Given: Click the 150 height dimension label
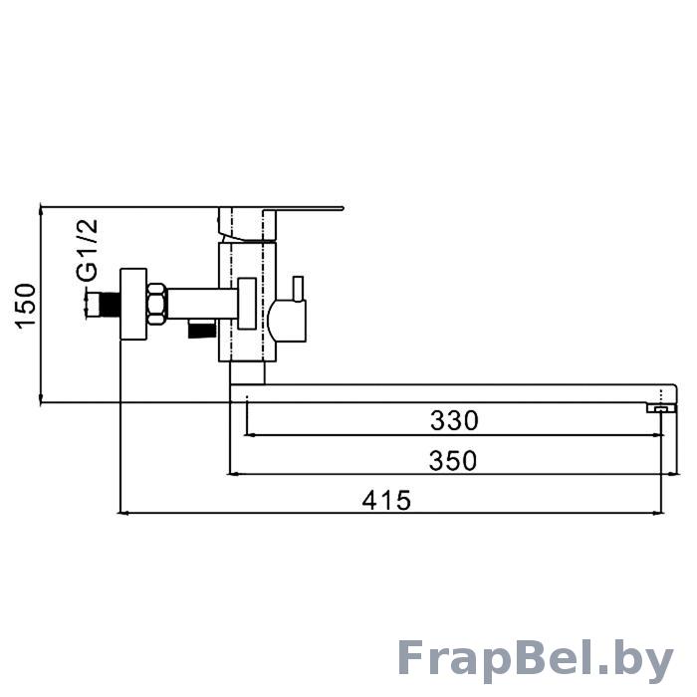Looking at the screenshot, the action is [25, 306].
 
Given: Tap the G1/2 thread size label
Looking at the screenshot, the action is [87, 249].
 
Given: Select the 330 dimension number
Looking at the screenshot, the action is [454, 420].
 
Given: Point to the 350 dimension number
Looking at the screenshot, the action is [452, 460].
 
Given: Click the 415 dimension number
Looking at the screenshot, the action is [386, 500].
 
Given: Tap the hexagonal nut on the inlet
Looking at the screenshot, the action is [157, 304].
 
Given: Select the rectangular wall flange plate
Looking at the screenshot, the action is [133, 304].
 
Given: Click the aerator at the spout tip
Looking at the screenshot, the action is [661, 408].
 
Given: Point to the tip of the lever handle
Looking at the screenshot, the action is [342, 208].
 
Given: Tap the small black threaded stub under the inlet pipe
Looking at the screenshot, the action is [202, 331].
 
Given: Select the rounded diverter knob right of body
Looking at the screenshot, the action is [287, 321].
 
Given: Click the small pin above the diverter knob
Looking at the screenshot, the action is [298, 289].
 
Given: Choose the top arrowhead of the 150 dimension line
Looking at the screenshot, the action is [41, 211].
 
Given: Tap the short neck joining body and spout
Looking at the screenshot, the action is [247, 372].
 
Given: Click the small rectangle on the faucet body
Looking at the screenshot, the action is [247, 304].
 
